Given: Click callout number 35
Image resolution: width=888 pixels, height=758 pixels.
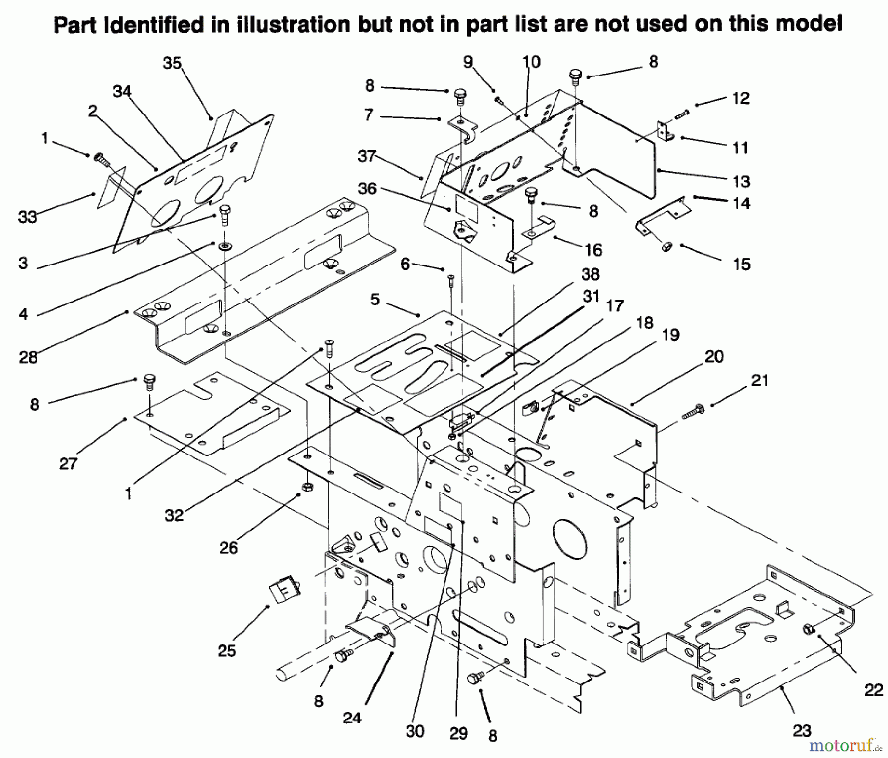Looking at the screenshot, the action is [172, 64].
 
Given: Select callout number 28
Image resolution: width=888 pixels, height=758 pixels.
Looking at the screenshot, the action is [28, 357].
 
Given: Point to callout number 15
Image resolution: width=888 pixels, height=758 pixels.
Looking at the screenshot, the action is [741, 264].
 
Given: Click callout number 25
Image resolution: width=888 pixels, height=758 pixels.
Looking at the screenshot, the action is [227, 651].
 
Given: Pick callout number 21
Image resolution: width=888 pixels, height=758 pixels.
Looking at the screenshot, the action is [760, 380].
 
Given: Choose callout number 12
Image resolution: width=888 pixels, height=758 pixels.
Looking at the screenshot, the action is [741, 98].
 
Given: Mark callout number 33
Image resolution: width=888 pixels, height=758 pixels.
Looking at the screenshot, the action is [27, 217].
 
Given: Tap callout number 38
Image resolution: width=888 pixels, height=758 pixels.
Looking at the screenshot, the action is [591, 274].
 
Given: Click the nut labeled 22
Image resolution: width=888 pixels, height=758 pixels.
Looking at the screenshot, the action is [810, 629].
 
